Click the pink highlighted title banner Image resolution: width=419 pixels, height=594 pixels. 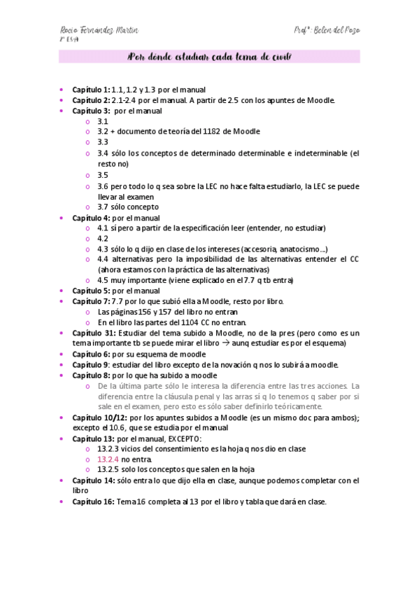coord(209,57)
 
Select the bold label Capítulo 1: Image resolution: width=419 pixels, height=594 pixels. coord(91,90)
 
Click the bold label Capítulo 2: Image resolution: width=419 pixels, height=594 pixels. coord(91,100)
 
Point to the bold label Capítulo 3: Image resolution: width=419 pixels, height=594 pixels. coord(91,111)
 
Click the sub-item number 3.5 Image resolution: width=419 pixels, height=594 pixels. coord(103,175)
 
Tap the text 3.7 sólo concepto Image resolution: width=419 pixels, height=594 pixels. coord(128,207)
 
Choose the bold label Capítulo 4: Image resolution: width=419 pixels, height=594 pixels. coord(91,217)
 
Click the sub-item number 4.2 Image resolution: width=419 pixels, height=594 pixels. coord(103,238)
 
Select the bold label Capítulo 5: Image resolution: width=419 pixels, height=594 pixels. coord(91,291)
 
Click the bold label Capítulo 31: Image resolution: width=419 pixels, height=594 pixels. coord(93,333)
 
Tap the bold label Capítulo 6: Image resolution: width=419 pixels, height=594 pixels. coord(91,354)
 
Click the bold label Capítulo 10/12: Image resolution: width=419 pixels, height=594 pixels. coord(98,417)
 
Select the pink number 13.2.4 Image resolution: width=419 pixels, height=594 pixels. coord(108,459)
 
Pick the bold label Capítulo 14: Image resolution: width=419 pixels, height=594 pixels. coord(93,481)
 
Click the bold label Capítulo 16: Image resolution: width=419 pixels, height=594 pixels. coord(93,502)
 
